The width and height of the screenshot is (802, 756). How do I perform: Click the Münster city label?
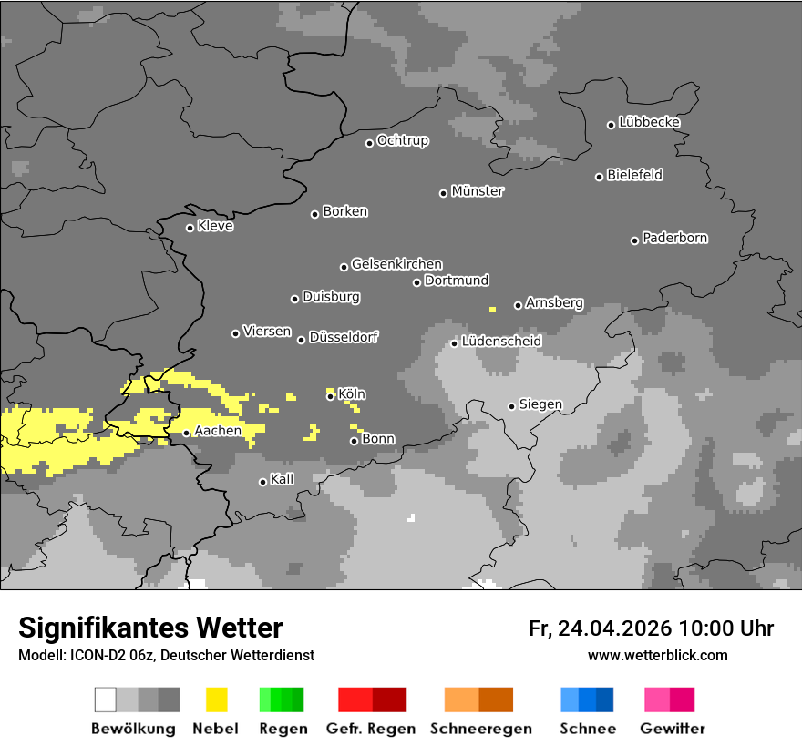coord(478,191)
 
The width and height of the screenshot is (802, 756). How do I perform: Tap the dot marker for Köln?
coord(330,396)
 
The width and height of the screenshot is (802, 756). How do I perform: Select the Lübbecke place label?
coord(649,122)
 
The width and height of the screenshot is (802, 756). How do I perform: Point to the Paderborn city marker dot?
coord(634,240)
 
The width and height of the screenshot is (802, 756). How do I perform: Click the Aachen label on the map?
coord(218,431)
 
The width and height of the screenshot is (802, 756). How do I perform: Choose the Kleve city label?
coord(215,226)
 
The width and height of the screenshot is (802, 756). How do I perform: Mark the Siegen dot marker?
coord(511,406)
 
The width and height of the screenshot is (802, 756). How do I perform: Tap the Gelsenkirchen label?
coord(396,264)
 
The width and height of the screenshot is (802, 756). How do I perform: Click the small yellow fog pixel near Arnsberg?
coord(492,310)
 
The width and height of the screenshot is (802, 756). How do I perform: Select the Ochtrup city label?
coord(403,140)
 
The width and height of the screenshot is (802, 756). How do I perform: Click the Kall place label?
coord(283,479)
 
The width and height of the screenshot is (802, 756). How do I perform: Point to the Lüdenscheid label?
coord(501,342)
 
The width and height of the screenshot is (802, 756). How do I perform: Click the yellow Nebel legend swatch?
coord(217,700)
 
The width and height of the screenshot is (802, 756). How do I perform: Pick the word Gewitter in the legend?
coord(672,729)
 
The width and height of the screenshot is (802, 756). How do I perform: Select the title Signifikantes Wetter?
coord(150,628)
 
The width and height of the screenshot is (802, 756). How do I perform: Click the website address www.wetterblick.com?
coord(657,656)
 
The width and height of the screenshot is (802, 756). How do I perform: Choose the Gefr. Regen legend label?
coord(371,729)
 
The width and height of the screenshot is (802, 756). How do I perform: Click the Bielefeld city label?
coord(634,175)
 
